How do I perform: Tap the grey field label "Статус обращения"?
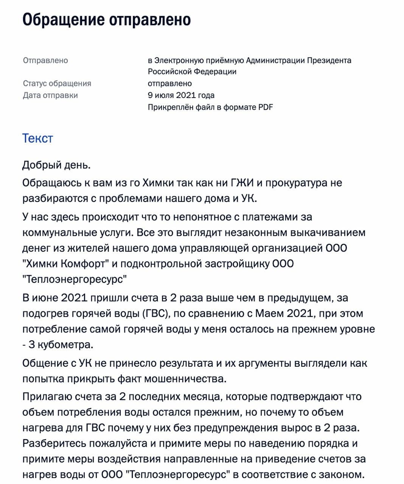(57, 83)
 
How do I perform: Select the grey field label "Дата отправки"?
(50, 95)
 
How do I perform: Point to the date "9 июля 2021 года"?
(181, 95)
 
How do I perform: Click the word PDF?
(266, 107)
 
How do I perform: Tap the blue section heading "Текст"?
(37, 138)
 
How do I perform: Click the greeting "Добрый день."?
(56, 165)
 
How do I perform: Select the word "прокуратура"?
(297, 183)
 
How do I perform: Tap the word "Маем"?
(270, 313)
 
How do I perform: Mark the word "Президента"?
(329, 60)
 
